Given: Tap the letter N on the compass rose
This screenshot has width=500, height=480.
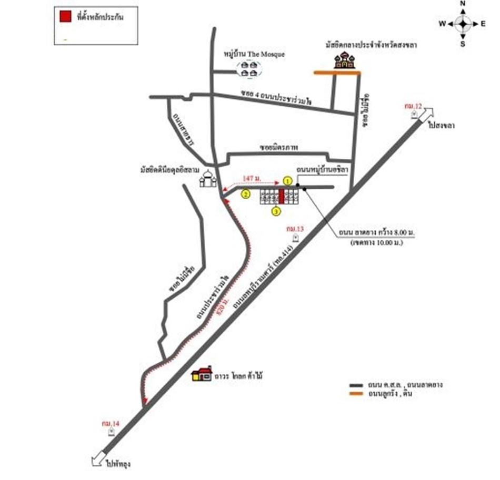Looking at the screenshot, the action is [x=463, y=4].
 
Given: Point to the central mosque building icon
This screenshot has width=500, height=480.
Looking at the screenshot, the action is [x=345, y=60].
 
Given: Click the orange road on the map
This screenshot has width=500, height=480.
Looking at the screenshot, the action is [x=337, y=73].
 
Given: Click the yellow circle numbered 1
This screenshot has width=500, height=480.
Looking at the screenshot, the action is [x=287, y=180].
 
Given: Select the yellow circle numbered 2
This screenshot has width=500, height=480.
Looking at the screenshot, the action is [x=245, y=194].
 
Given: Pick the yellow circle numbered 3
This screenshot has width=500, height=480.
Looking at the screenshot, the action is [x=275, y=211].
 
